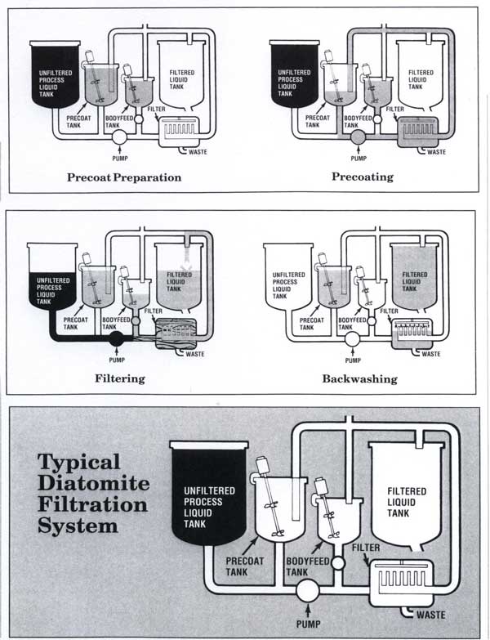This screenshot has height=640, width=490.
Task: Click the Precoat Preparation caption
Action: [124, 177]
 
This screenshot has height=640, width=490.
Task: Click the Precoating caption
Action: [362, 177]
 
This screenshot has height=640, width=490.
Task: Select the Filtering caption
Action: [120, 378]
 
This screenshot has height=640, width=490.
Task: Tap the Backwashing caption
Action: [359, 378]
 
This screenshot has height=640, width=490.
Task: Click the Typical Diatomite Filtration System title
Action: [93, 493]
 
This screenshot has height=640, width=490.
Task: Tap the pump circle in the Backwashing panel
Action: [353, 338]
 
